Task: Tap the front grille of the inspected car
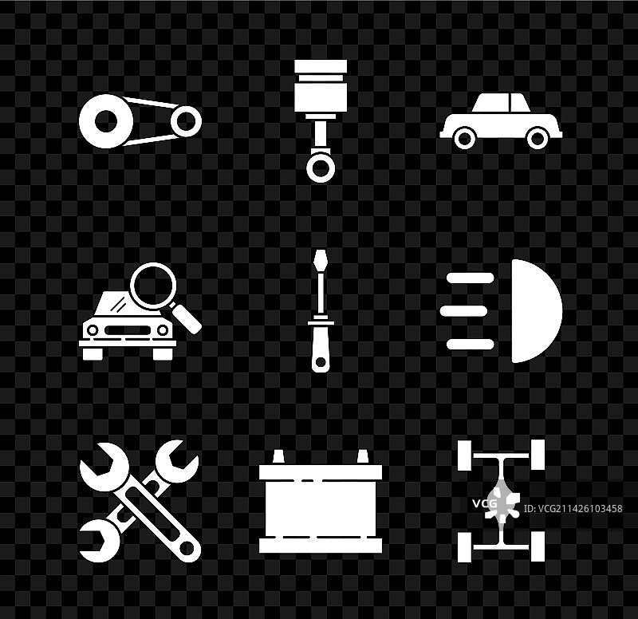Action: [128, 330]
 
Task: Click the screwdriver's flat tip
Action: [321, 261]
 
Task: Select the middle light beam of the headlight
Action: [464, 311]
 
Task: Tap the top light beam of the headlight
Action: [471, 278]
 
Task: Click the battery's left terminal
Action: [278, 456]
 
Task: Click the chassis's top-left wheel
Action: [465, 455]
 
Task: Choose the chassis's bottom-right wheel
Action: [538, 546]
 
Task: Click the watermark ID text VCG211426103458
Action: [573, 509]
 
